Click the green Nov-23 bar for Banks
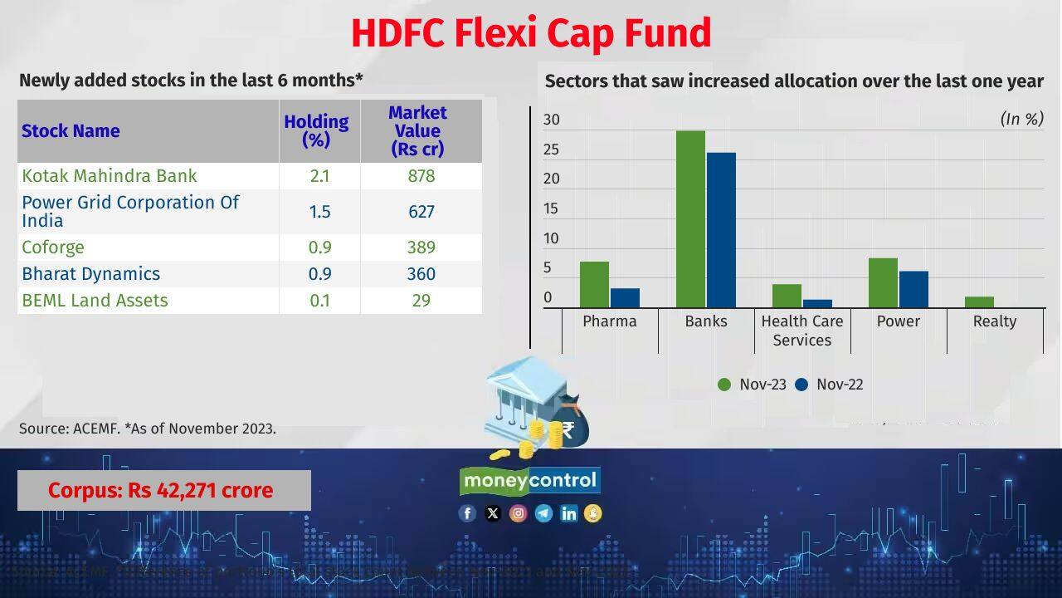[x=690, y=219]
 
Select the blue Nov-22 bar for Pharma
[x=625, y=298]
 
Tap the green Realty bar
[x=979, y=302]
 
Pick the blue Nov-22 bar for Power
[x=913, y=289]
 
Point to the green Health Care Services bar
[x=787, y=296]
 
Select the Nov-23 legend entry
[x=753, y=385]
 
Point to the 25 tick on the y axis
[x=552, y=150]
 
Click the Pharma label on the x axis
[x=610, y=321]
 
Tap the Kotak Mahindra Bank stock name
[x=110, y=176]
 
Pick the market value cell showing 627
[x=421, y=212]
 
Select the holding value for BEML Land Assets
[x=319, y=301]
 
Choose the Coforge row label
[x=53, y=248]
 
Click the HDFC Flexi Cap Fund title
[x=531, y=33]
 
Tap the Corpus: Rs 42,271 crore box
[x=164, y=490]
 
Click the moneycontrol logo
[x=530, y=481]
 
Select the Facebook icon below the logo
[x=467, y=513]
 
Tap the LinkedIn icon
[x=568, y=513]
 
